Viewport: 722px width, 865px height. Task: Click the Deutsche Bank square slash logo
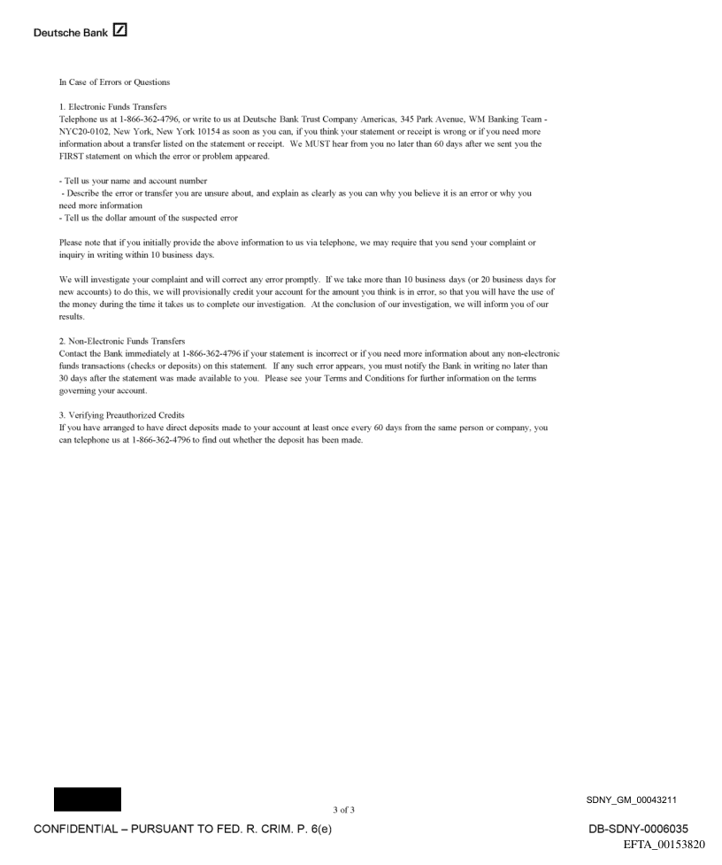click(x=119, y=32)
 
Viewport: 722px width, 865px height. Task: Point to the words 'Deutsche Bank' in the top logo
click(x=71, y=33)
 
